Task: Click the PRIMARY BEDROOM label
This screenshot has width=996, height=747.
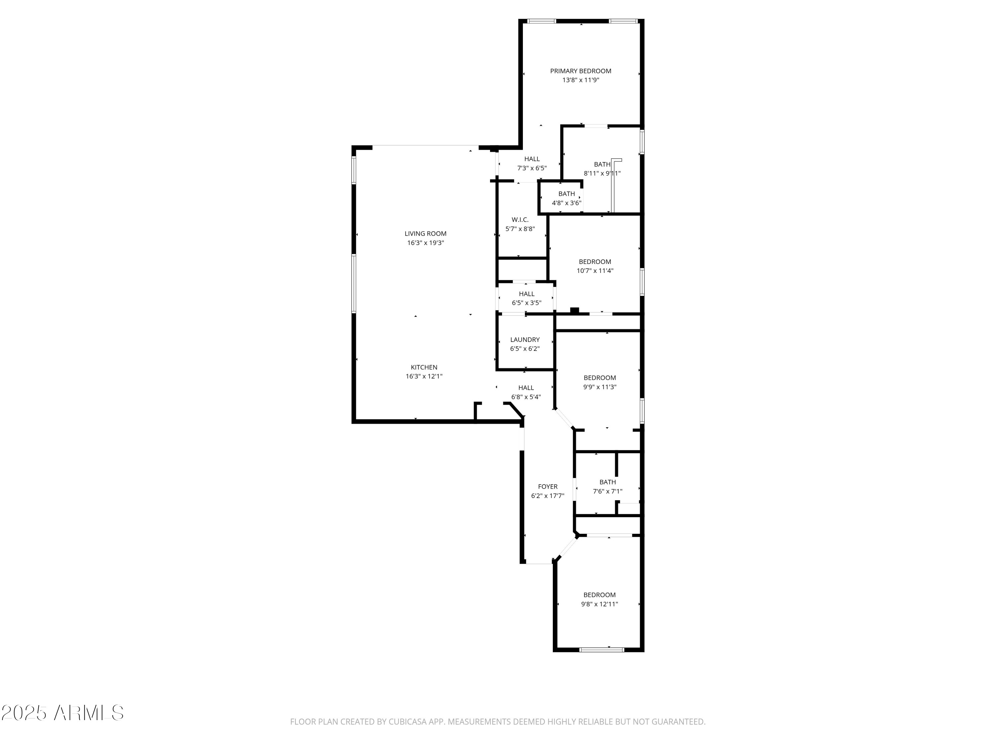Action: [x=580, y=71]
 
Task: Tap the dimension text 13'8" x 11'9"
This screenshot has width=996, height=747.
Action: [x=580, y=80]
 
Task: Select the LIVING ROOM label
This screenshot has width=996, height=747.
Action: [x=426, y=233]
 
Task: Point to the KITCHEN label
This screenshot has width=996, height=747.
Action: [x=424, y=367]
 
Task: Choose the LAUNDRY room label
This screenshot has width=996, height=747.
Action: [x=525, y=340]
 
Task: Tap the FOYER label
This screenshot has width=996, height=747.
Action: [x=547, y=486]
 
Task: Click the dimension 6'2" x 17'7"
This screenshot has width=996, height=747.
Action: [x=547, y=496]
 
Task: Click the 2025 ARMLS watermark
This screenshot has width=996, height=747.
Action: [x=63, y=713]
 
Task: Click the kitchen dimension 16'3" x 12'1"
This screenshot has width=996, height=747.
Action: [x=424, y=376]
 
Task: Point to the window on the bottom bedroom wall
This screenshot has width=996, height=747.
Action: [x=602, y=650]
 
